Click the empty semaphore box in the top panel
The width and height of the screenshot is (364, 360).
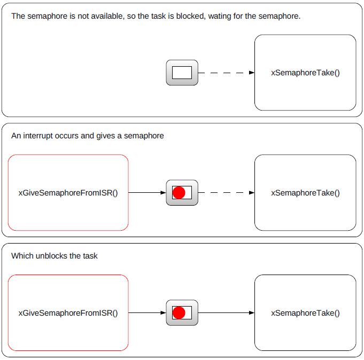click(182, 73)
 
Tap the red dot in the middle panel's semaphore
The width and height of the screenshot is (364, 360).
click(179, 192)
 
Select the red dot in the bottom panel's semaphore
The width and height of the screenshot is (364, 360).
click(179, 312)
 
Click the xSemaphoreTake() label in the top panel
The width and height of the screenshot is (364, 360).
click(305, 73)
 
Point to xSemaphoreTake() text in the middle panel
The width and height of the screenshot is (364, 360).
click(305, 193)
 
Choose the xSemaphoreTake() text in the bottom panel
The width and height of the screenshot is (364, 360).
click(305, 313)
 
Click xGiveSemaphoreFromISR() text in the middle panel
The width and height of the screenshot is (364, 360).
click(68, 193)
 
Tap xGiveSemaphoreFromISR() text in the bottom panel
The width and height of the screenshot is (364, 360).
click(68, 313)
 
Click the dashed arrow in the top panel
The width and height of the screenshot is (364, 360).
click(226, 73)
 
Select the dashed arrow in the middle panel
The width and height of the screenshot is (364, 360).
click(226, 192)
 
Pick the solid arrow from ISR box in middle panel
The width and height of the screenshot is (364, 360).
click(147, 192)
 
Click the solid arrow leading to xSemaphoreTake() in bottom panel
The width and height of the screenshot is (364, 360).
click(226, 312)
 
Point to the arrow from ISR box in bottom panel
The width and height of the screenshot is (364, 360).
click(147, 312)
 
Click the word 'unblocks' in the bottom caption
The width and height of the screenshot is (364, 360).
click(51, 256)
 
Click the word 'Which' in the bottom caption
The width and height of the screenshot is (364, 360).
click(22, 256)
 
